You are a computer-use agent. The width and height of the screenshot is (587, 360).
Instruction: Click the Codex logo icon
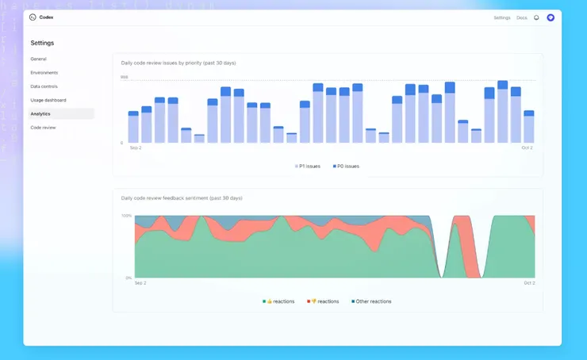pyautogui.click(x=32, y=17)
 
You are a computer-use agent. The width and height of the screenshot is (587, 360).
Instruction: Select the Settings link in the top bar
pyautogui.click(x=502, y=17)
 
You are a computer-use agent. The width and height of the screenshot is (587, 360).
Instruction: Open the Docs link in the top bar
pyautogui.click(x=521, y=17)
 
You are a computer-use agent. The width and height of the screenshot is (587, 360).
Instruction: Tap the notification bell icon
pyautogui.click(x=536, y=17)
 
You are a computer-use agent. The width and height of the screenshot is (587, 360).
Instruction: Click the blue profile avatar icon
pyautogui.click(x=551, y=17)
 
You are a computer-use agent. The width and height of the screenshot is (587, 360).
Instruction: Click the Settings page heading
pyautogui.click(x=42, y=43)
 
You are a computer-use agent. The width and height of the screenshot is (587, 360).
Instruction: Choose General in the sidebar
pyautogui.click(x=38, y=59)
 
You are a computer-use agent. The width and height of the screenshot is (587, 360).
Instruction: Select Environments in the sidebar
pyautogui.click(x=44, y=72)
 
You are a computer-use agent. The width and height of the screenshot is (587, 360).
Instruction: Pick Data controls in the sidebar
pyautogui.click(x=44, y=86)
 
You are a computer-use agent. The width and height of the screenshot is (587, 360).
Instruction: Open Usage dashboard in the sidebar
pyautogui.click(x=48, y=100)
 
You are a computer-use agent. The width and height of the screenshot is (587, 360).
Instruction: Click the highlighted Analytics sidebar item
pyautogui.click(x=40, y=113)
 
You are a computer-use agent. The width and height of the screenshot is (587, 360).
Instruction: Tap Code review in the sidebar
pyautogui.click(x=43, y=127)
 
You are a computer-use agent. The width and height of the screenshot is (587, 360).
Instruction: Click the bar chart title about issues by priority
pyautogui.click(x=178, y=63)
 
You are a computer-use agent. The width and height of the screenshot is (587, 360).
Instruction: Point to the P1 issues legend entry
pyautogui.click(x=308, y=167)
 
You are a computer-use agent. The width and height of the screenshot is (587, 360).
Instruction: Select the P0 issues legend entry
pyautogui.click(x=346, y=167)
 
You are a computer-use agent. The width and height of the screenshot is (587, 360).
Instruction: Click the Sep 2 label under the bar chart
pyautogui.click(x=136, y=147)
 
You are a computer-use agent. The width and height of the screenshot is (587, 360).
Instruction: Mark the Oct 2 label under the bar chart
pyautogui.click(x=527, y=147)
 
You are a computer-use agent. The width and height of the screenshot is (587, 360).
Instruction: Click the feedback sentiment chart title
pyautogui.click(x=182, y=197)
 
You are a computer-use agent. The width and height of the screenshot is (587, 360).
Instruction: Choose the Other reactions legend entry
pyautogui.click(x=371, y=301)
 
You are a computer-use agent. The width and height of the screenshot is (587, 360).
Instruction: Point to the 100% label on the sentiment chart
pyautogui.click(x=126, y=216)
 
